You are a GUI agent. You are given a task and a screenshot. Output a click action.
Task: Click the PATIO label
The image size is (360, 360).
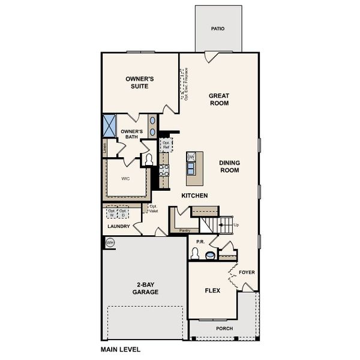(218, 28)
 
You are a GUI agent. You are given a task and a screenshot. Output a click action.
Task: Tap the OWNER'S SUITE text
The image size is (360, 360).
(140, 82)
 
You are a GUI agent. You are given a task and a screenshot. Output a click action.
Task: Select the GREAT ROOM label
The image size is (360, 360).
(219, 99)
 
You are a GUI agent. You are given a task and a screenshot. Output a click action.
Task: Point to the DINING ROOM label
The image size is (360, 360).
(229, 166)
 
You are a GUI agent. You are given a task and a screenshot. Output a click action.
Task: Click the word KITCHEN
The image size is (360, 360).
(195, 196)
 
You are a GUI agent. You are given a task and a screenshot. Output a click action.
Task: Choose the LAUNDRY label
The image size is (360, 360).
(119, 227)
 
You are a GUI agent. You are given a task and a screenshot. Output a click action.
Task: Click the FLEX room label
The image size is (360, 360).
(213, 290)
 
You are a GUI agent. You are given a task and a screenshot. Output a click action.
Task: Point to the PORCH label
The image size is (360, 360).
(225, 329)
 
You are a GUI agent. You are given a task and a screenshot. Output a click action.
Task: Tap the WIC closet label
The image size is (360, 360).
(126, 178)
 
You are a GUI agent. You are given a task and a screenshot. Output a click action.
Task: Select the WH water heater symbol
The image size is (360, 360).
(110, 243)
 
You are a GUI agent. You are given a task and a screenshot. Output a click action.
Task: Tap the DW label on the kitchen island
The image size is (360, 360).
(191, 157)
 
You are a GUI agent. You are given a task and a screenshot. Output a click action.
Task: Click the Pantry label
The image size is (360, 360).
(185, 230)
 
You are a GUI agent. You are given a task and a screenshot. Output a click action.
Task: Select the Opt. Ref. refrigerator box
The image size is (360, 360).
(166, 144)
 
